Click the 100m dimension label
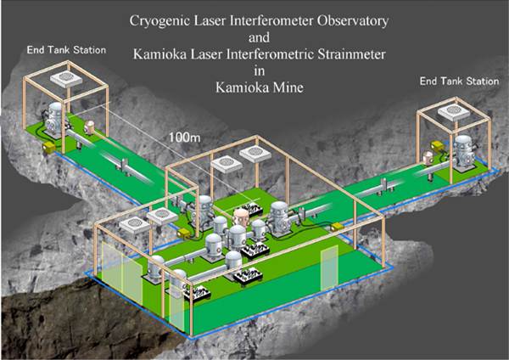pyautogui.click(x=184, y=138)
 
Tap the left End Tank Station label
pyautogui.click(x=66, y=50)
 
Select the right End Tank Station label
pyautogui.click(x=459, y=81)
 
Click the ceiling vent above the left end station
pyautogui.click(x=66, y=78)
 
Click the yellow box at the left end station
pyautogui.click(x=49, y=147)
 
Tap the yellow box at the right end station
pyautogui.click(x=437, y=146)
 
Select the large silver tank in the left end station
pyautogui.click(x=55, y=120)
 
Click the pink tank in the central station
pyautogui.click(x=241, y=217)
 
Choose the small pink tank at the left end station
pyautogui.click(x=89, y=127)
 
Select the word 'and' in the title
pyautogui.click(x=259, y=37)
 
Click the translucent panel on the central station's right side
pyautogui.click(x=329, y=267)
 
